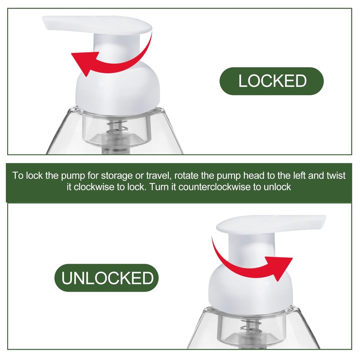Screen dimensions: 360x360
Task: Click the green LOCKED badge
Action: [x=272, y=81]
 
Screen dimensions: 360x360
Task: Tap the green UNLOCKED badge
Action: [x=107, y=278]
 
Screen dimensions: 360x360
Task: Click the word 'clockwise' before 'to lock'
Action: [x=94, y=187]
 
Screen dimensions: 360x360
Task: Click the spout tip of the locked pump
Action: [x=45, y=22]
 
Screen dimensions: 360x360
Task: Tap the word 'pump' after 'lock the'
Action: [x=73, y=176]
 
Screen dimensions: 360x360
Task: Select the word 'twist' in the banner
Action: [x=336, y=175]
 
